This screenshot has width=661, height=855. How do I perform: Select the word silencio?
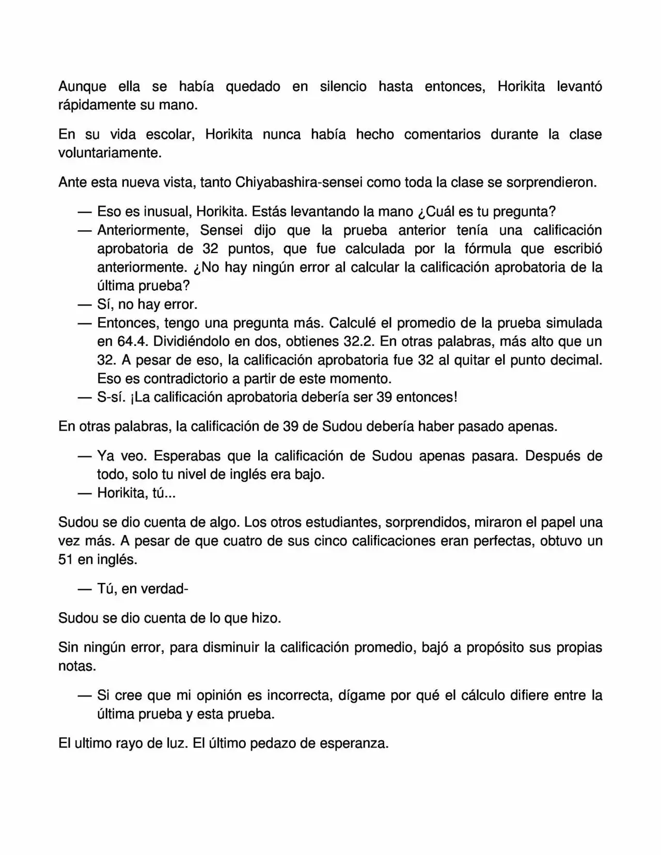[343, 86]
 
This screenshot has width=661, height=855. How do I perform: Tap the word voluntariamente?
[109, 153]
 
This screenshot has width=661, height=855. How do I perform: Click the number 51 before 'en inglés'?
[66, 560]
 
